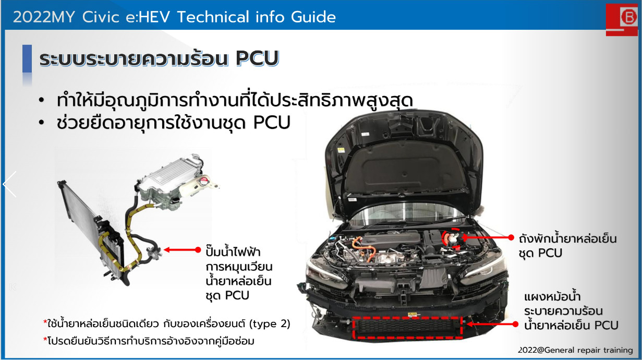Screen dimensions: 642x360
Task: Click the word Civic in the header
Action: pos(101,17)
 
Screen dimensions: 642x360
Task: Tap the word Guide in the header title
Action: pos(313,17)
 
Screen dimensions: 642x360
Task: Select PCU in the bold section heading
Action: pos(257,59)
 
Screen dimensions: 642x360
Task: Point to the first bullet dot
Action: pos(42,100)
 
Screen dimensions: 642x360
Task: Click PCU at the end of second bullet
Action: pos(272,123)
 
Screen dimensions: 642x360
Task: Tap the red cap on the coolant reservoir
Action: pos(204,181)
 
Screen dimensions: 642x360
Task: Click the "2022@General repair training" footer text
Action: pos(576,350)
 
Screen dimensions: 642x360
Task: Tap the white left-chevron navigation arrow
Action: pos(9,184)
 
